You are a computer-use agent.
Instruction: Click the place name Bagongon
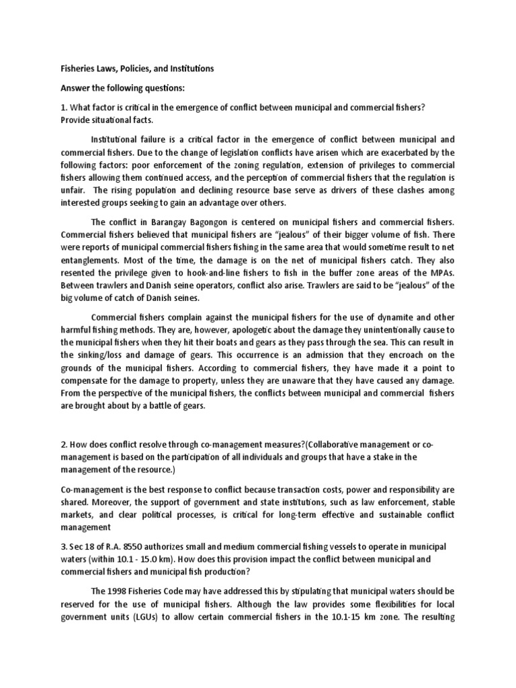pyautogui.click(x=228, y=222)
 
